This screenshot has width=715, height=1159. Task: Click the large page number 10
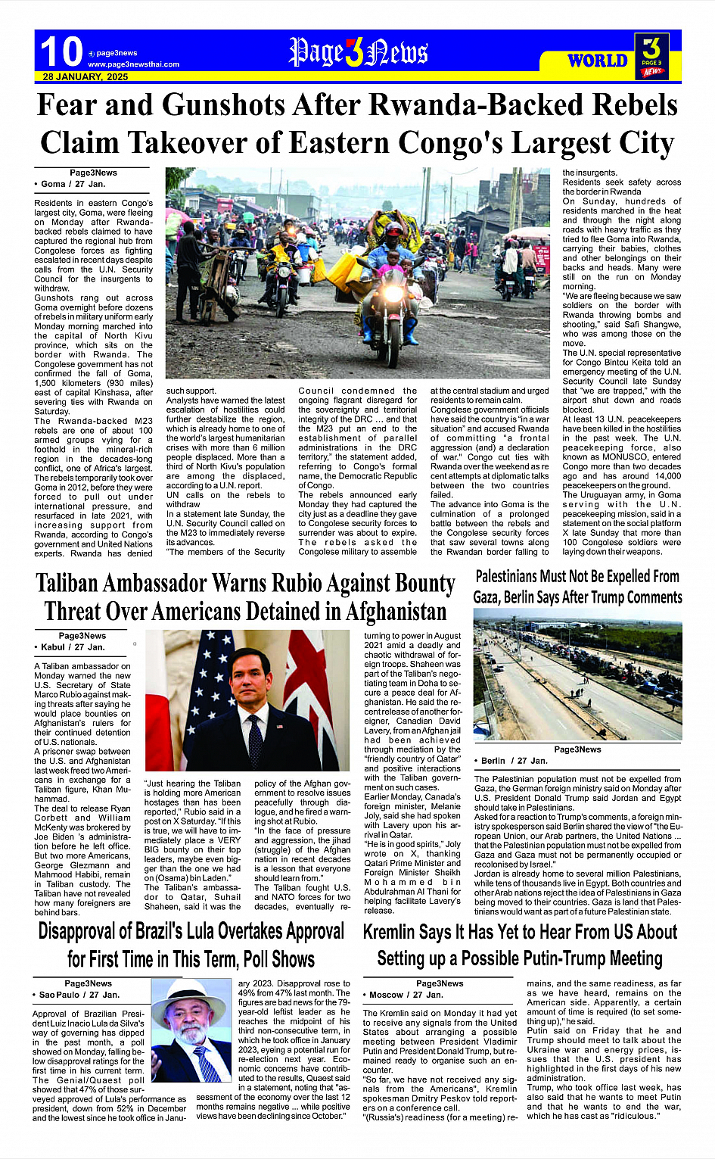[61, 52]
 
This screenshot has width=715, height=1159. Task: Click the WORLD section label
[598, 61]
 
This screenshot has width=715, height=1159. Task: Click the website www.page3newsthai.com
[133, 64]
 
